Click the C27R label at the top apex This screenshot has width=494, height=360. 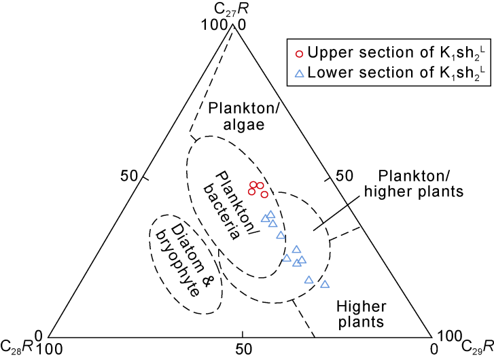pos(237,10)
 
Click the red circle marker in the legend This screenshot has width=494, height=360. pos(298,53)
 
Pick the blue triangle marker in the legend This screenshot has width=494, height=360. pos(298,72)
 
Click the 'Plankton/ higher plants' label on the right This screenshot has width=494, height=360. pos(417,183)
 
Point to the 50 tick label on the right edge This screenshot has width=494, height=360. pos(345,175)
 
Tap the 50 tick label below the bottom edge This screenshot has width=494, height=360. pos(241,348)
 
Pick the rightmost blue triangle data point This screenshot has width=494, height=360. pos(324,284)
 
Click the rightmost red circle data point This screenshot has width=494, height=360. pos(264,194)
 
